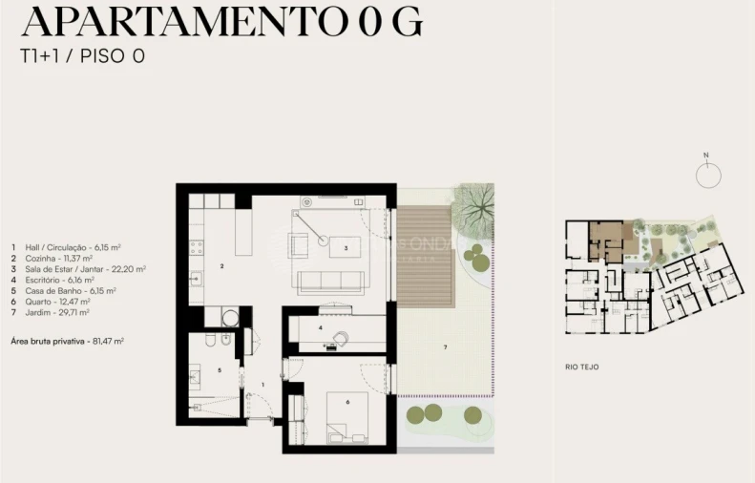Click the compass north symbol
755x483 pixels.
(x=707, y=175)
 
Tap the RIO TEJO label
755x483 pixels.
(x=581, y=366)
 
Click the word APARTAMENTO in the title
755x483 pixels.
(x=167, y=20)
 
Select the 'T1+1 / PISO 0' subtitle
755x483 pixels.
(x=82, y=56)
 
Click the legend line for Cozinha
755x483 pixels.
(x=52, y=258)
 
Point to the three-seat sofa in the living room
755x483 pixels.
(x=329, y=281)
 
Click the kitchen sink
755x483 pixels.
(x=196, y=279)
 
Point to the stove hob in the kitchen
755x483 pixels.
(x=197, y=246)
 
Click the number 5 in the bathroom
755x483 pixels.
(x=219, y=369)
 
